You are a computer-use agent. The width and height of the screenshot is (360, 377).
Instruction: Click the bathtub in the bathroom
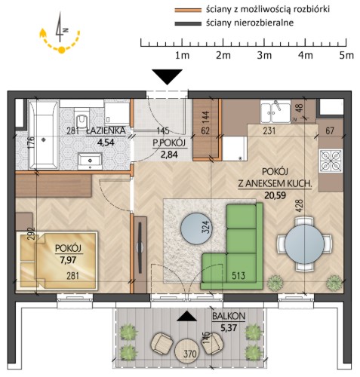(x=44, y=135)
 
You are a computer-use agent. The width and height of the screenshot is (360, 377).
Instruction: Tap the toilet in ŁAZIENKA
(x=82, y=120)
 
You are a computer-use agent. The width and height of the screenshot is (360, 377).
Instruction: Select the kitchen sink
(x=275, y=112)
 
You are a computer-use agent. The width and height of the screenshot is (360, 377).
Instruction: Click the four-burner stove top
(x=331, y=161)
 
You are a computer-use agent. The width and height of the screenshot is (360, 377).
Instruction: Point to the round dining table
(x=304, y=244)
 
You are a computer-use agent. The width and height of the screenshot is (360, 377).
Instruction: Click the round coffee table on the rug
(x=196, y=228)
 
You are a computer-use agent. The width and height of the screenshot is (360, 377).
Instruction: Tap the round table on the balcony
(x=187, y=351)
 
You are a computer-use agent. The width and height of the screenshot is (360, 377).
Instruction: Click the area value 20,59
(x=275, y=195)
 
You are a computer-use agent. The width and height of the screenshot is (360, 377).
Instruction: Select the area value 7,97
(x=68, y=259)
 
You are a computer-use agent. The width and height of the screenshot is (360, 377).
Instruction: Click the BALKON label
(x=229, y=316)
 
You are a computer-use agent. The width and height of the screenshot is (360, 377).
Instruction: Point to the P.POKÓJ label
(x=169, y=143)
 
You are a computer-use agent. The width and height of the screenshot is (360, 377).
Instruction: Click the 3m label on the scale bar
(x=264, y=55)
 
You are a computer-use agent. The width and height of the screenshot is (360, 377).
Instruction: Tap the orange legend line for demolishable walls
(x=188, y=11)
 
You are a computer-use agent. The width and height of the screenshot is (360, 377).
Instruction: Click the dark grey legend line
(x=188, y=24)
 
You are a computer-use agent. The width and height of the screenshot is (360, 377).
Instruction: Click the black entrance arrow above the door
(x=168, y=77)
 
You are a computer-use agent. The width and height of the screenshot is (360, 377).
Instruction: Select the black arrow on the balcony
(x=186, y=316)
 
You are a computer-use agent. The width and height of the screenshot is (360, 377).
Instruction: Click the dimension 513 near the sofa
(x=238, y=276)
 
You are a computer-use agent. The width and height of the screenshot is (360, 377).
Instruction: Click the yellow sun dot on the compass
(x=62, y=50)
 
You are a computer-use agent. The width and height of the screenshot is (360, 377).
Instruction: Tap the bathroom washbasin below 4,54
(x=90, y=161)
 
